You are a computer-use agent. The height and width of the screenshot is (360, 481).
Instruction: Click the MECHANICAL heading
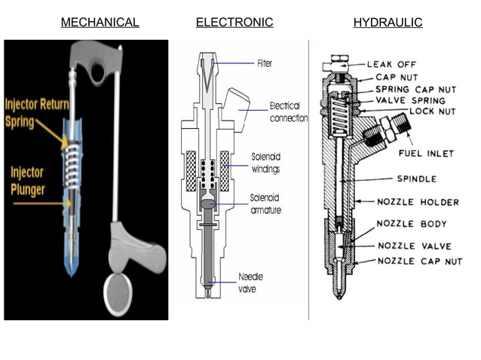pyautogui.click(x=100, y=23)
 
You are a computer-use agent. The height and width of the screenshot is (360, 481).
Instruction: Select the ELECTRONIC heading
pyautogui.click(x=234, y=23)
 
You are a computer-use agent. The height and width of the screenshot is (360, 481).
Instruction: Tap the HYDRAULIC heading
pyautogui.click(x=388, y=23)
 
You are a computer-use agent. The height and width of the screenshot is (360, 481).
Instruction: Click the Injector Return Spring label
pyautogui.click(x=32, y=111)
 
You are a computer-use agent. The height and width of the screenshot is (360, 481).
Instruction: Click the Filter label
pyautogui.click(x=265, y=63)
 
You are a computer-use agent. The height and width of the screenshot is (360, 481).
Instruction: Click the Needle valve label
pyautogui.click(x=250, y=282)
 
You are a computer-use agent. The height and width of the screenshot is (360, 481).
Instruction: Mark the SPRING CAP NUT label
pyautogui.click(x=415, y=89)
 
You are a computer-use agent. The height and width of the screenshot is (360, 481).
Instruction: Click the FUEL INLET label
pyautogui.click(x=426, y=154)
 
